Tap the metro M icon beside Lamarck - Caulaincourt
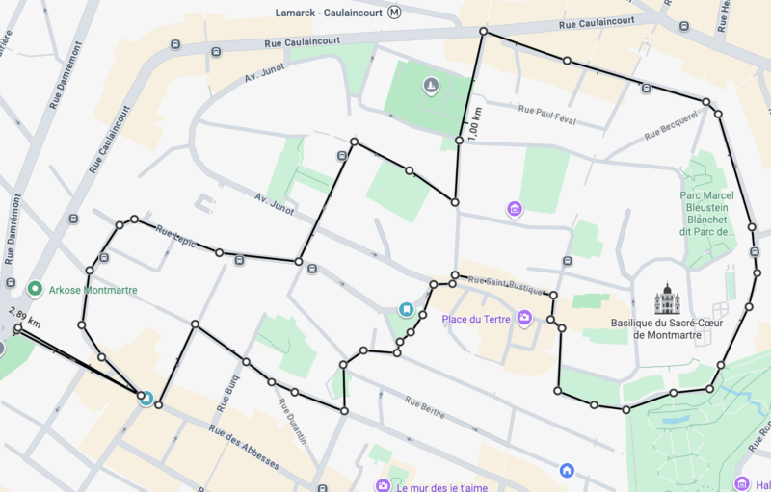coord(395,13)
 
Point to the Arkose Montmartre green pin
coord(35,289)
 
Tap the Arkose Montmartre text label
coord(93,290)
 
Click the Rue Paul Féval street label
coord(546,113)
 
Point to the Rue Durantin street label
coord(293,420)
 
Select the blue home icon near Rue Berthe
coord(567,470)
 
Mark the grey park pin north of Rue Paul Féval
coord(432,88)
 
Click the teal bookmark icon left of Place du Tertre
coord(407,310)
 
